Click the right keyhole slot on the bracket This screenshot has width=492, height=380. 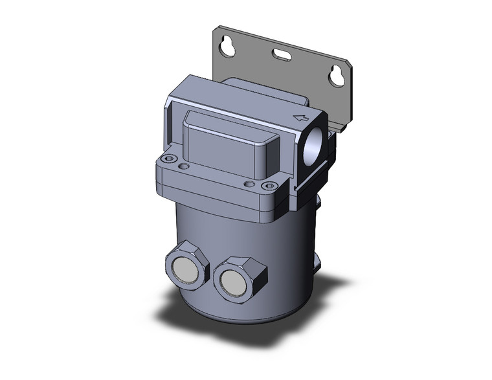point(337,75)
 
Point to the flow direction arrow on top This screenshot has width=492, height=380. point(300,117)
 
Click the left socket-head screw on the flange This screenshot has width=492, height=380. point(170,159)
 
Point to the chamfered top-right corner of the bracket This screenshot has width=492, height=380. point(348,64)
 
